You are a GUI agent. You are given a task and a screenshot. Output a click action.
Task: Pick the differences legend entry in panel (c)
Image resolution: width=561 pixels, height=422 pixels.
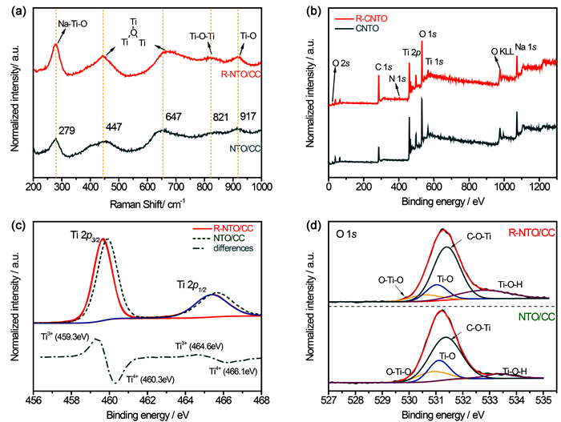pyautogui.click(x=236, y=248)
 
